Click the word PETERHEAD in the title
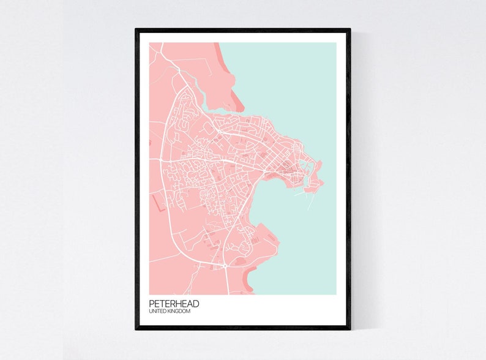(174, 304)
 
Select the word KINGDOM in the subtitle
(181, 312)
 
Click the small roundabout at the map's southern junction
(225, 265)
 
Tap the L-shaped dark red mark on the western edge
(161, 201)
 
